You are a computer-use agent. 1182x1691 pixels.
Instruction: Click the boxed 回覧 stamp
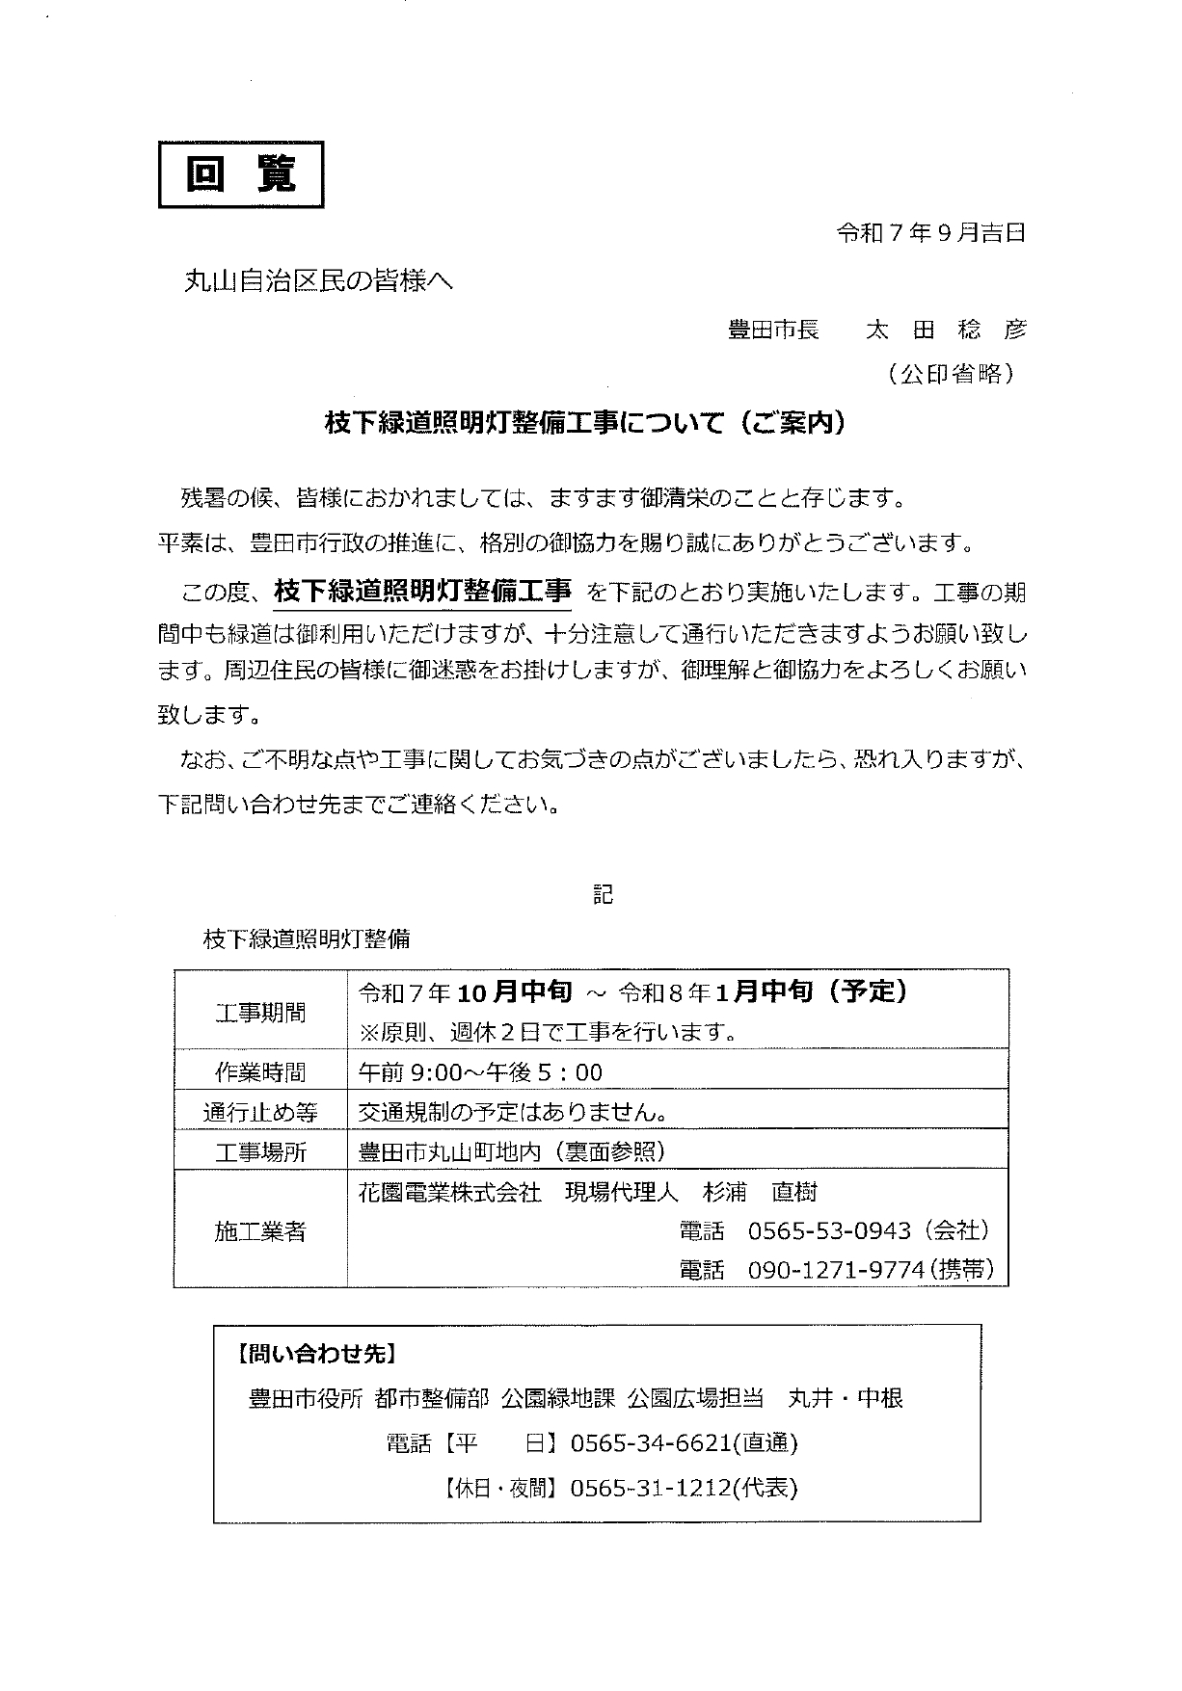coord(241,174)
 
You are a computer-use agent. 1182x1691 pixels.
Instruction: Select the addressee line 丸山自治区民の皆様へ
coord(317,281)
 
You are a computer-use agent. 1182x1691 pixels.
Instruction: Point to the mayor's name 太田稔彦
coord(946,330)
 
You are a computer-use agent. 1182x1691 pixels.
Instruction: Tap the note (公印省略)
coord(950,375)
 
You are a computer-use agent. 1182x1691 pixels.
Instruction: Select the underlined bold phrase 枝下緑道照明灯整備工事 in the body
coord(422,591)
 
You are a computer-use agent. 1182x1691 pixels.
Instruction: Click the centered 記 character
coord(603,894)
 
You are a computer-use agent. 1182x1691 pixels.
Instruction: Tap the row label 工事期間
coord(260,1013)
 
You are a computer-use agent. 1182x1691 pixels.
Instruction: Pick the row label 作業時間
coord(260,1072)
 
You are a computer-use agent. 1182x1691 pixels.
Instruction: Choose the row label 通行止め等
coord(260,1113)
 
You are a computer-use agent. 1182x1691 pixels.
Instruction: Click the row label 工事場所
coord(260,1152)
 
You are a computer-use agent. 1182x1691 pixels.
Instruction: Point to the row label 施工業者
coord(260,1231)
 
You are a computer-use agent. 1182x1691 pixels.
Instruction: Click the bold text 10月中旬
coord(516,991)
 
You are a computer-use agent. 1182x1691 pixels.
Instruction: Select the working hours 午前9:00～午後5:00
coord(480,1072)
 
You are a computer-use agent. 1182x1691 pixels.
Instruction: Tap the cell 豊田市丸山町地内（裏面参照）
coord(512,1152)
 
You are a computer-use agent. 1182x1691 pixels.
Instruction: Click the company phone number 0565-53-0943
coord(829,1230)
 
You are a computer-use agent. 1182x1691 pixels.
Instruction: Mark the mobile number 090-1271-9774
coord(836,1270)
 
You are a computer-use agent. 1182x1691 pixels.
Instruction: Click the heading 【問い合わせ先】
coord(314,1354)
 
